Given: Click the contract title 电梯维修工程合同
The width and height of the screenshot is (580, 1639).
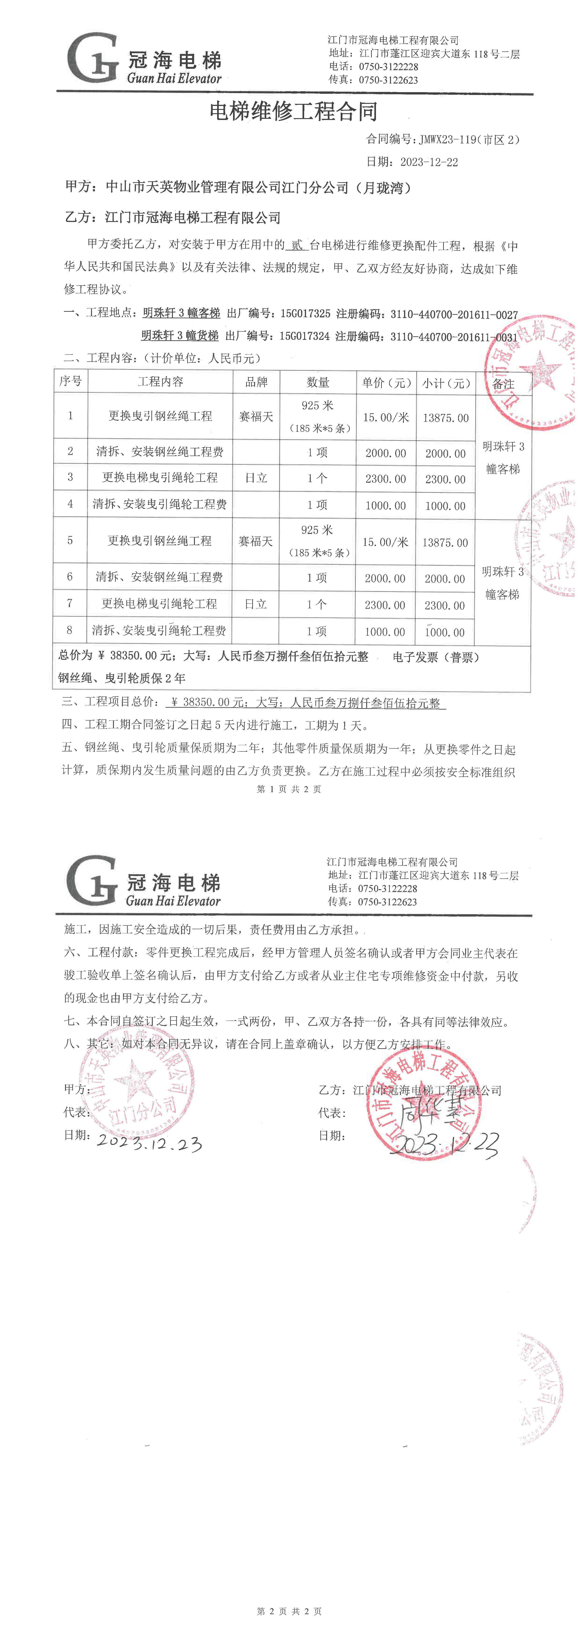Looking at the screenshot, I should click(293, 112).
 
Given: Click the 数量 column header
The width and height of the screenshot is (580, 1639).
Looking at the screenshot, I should click(318, 382).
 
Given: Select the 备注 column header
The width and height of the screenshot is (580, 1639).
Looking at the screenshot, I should click(503, 384).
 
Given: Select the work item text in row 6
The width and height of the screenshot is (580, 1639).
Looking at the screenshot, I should click(159, 577).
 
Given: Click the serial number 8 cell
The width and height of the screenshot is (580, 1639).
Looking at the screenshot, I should click(70, 631).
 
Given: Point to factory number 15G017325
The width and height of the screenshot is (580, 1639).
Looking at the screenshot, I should click(306, 314).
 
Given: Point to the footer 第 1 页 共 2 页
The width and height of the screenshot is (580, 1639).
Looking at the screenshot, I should click(288, 789).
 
